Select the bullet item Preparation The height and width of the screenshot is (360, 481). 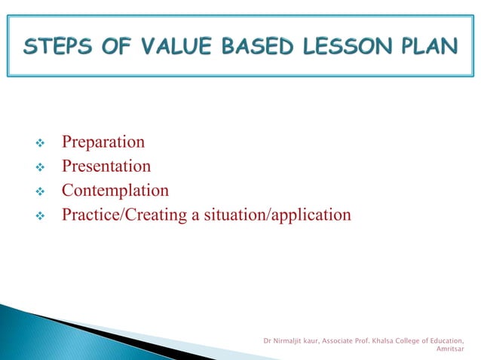[x=103, y=142]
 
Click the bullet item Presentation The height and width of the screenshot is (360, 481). [x=106, y=166]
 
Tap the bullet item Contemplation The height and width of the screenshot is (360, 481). [x=115, y=191]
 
